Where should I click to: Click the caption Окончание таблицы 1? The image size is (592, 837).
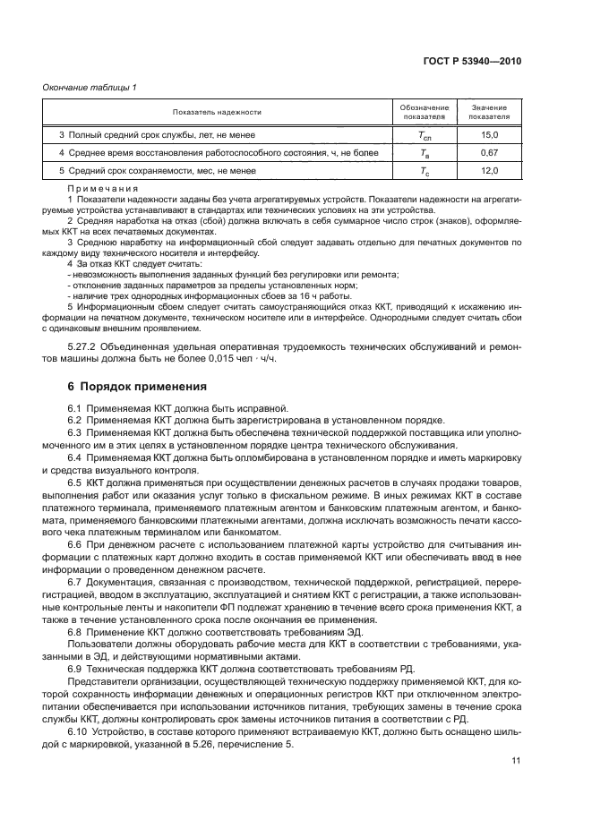(x=90, y=87)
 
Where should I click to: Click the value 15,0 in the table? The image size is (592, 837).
(x=489, y=134)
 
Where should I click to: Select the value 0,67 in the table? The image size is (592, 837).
(x=489, y=152)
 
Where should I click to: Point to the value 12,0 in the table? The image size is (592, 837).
(x=489, y=170)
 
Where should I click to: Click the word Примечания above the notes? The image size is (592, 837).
(x=102, y=189)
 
